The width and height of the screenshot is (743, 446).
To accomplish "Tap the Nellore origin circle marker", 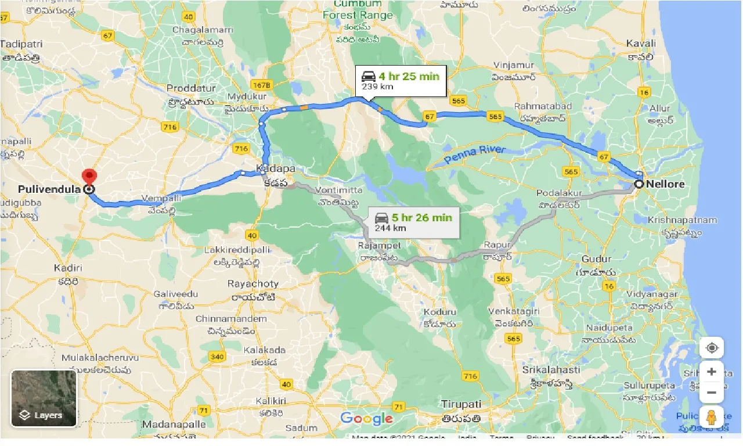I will pyautogui.click(x=639, y=184).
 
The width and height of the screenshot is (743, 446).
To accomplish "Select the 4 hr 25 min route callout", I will pyautogui.click(x=401, y=81).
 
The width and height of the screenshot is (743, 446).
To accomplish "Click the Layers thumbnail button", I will pyautogui.click(x=44, y=398).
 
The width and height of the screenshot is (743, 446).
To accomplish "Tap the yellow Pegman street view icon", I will pyautogui.click(x=711, y=416).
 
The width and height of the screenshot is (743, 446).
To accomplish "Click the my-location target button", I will pyautogui.click(x=711, y=348).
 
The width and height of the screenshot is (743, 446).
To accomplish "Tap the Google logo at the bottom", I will pyautogui.click(x=366, y=418).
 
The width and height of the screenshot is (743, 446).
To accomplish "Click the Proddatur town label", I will pyautogui.click(x=191, y=88).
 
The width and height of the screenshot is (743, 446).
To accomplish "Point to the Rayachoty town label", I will pyautogui.click(x=253, y=284).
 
